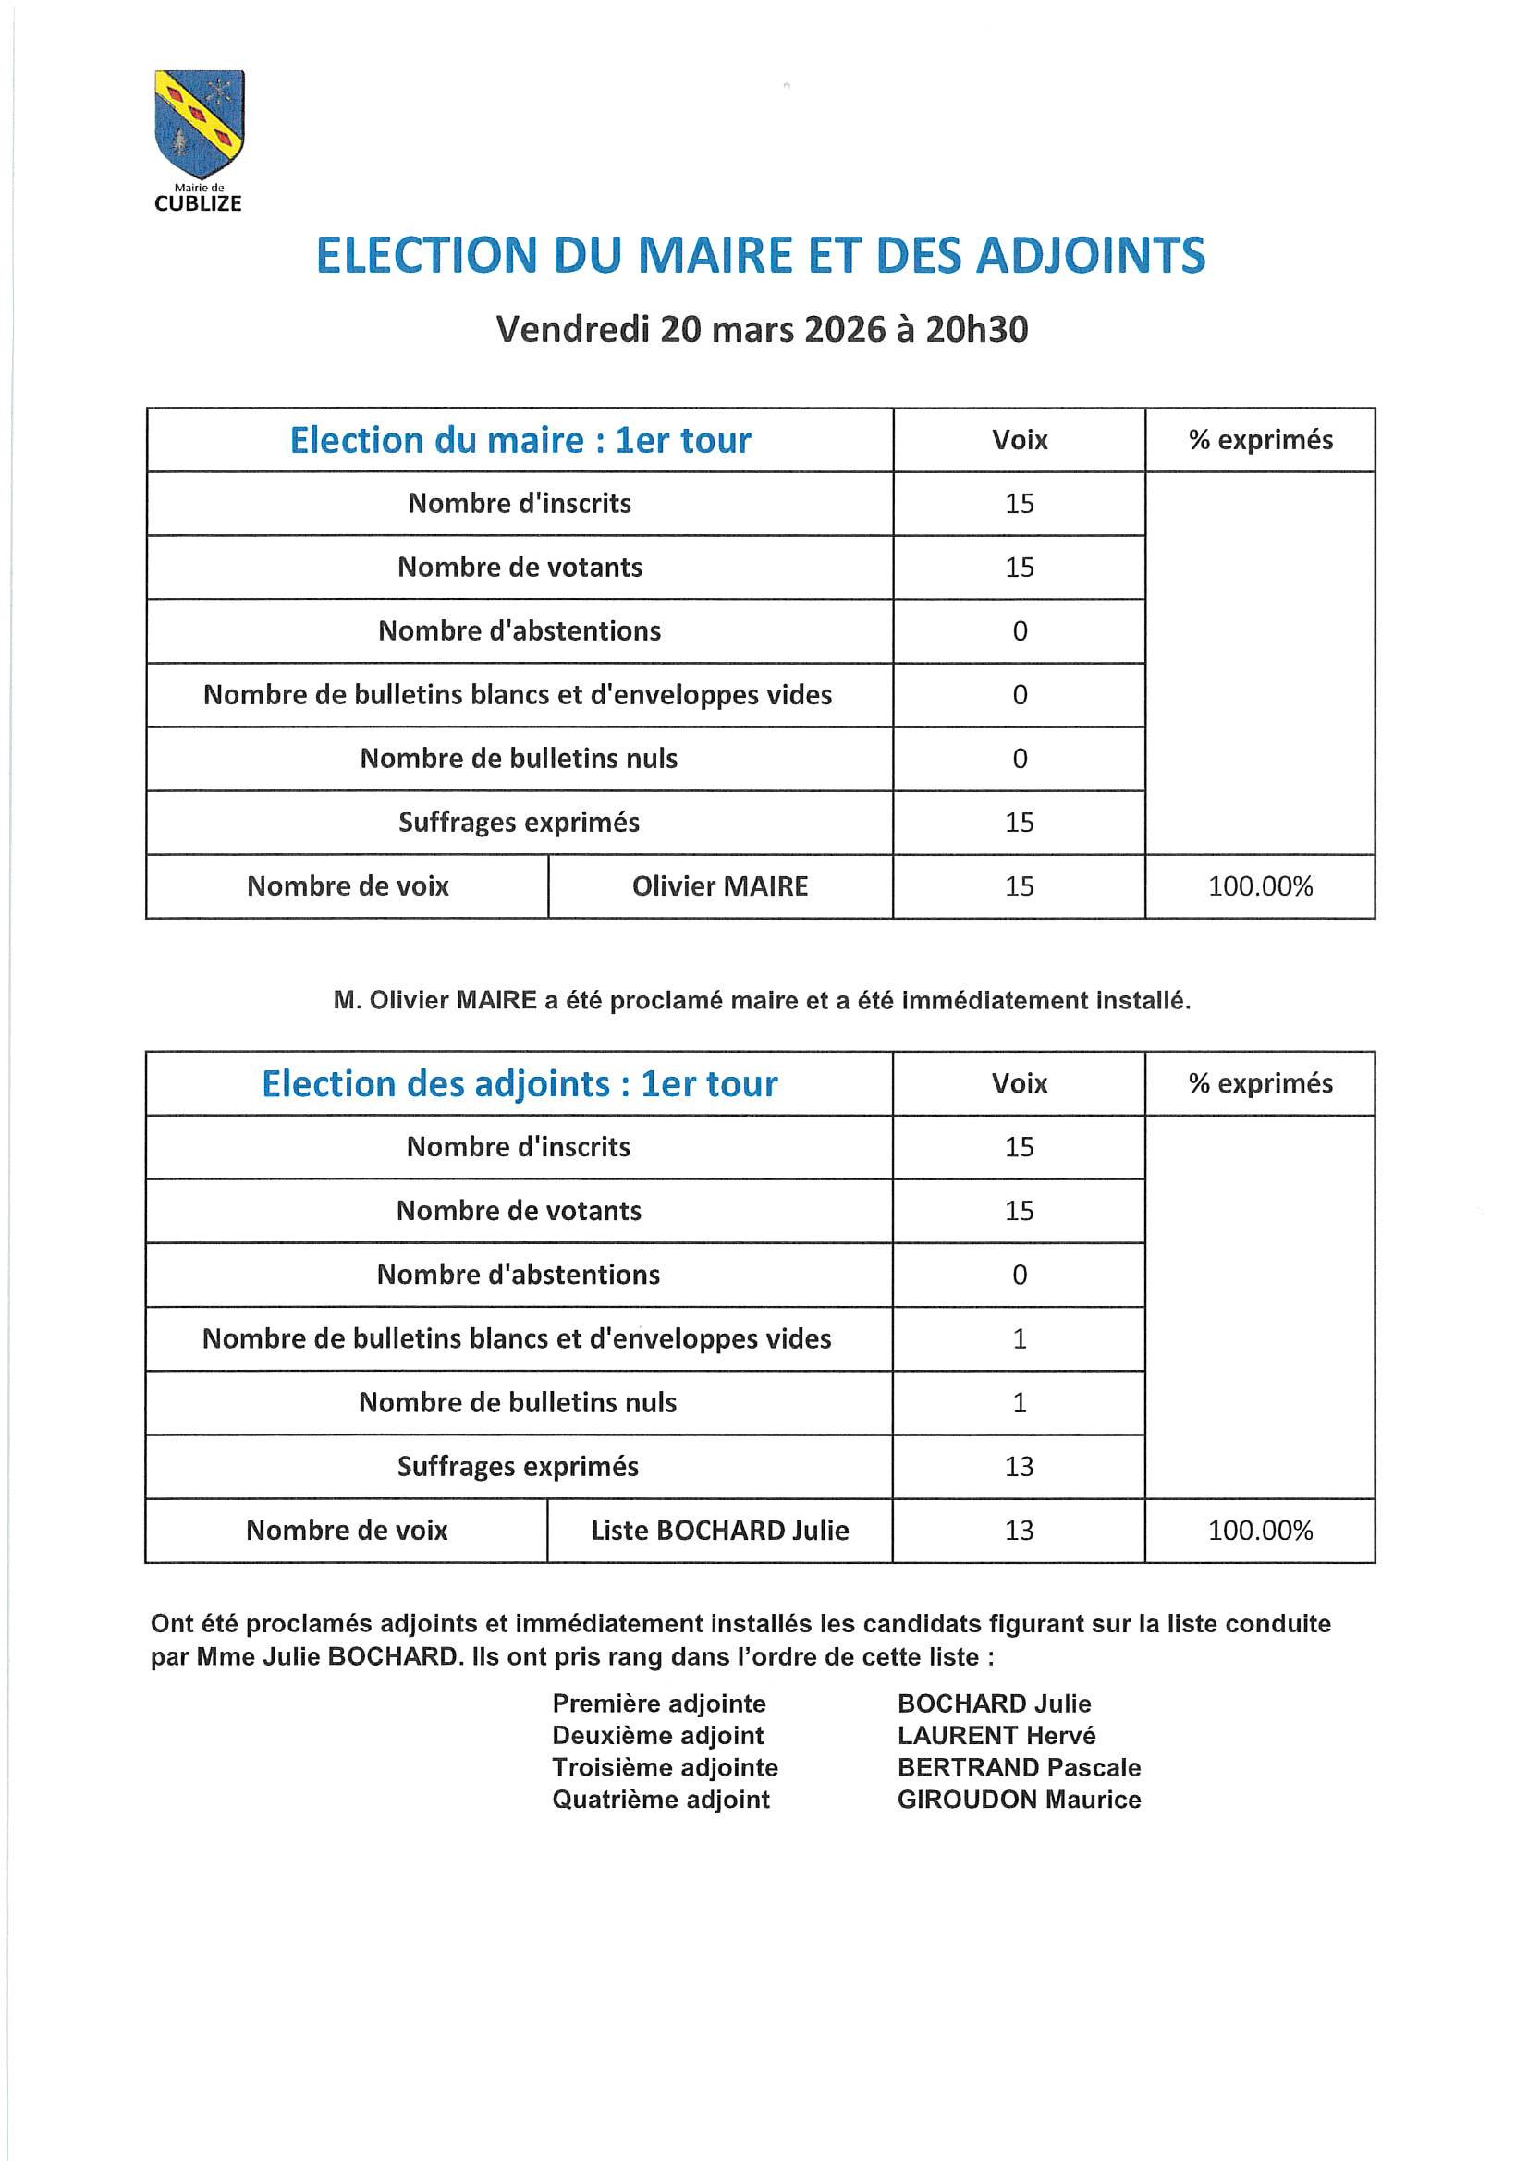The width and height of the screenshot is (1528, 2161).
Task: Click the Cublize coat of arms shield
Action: (x=199, y=122)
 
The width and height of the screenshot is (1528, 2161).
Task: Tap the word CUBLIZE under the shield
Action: (x=198, y=203)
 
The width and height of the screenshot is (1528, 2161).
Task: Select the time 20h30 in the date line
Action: (x=976, y=329)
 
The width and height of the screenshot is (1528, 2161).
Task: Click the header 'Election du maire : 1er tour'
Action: (x=520, y=441)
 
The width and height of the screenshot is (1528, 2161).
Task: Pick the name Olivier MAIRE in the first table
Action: (x=719, y=885)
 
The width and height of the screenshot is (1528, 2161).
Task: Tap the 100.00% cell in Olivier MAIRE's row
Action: (x=1260, y=885)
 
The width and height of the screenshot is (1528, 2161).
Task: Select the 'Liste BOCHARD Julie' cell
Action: (x=719, y=1530)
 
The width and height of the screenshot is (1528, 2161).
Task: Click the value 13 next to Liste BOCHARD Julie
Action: (x=1019, y=1530)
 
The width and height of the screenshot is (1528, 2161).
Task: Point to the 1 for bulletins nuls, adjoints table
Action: (x=1019, y=1402)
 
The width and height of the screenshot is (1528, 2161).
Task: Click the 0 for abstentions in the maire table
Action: (x=1019, y=630)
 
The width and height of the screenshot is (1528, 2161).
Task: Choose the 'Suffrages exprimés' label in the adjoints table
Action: (x=518, y=1465)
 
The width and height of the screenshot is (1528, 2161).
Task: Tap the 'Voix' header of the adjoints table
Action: (x=1019, y=1083)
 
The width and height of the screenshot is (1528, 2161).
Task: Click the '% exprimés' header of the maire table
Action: (x=1260, y=440)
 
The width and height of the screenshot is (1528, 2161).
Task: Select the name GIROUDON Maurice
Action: (x=1019, y=1799)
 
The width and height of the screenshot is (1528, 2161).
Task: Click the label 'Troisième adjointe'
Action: (x=665, y=1766)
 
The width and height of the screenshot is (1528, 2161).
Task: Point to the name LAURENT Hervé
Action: (x=996, y=1735)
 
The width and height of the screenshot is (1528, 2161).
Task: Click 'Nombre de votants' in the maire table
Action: (x=520, y=567)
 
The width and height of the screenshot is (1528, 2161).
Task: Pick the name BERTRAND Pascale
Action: (x=1019, y=1766)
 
